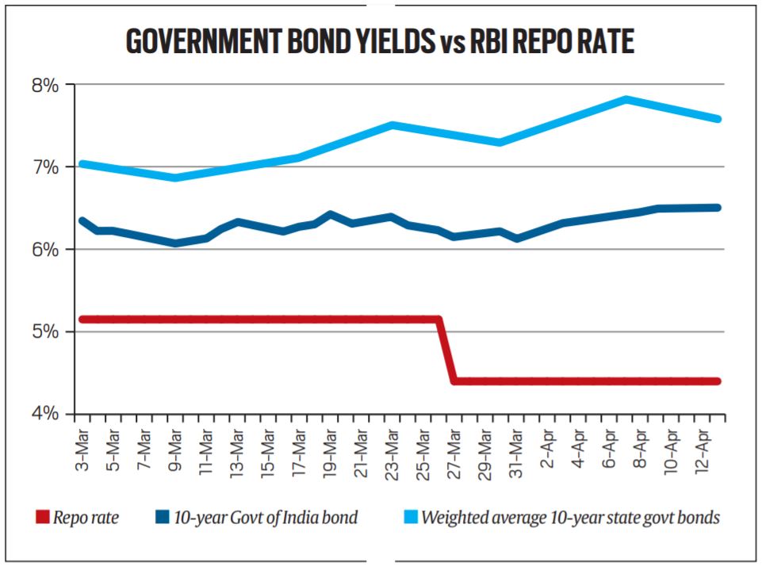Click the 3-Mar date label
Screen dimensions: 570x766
(82, 450)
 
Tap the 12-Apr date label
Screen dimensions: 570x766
(701, 450)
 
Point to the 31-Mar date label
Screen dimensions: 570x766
(515, 450)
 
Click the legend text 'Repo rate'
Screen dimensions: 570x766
(87, 518)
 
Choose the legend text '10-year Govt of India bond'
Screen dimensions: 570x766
(265, 518)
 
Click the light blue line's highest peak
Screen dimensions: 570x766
(626, 99)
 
